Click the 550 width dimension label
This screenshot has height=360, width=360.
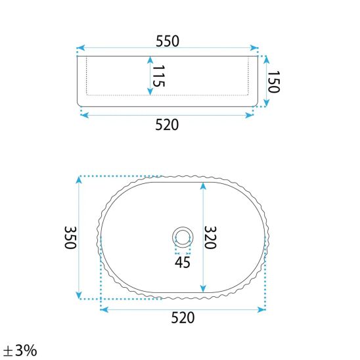point(168,41)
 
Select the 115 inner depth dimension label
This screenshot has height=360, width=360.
point(158,76)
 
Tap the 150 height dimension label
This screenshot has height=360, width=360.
point(274,81)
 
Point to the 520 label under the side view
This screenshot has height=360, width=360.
point(167,125)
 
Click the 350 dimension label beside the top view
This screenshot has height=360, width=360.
point(70,237)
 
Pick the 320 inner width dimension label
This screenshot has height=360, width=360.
point(210,237)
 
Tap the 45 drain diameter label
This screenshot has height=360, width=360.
point(183,262)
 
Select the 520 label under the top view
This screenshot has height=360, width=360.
point(183,318)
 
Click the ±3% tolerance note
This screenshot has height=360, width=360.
point(20,350)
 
